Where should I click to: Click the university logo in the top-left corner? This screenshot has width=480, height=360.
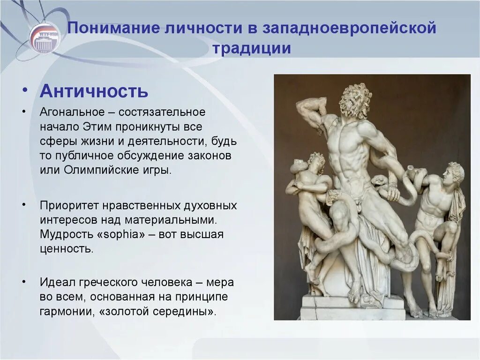(x=45, y=38)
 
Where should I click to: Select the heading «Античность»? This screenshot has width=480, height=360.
(x=94, y=91)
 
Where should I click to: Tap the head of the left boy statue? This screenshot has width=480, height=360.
(x=316, y=162)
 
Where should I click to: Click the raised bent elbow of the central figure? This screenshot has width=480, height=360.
(x=300, y=106)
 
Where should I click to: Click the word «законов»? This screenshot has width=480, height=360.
(x=213, y=155)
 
